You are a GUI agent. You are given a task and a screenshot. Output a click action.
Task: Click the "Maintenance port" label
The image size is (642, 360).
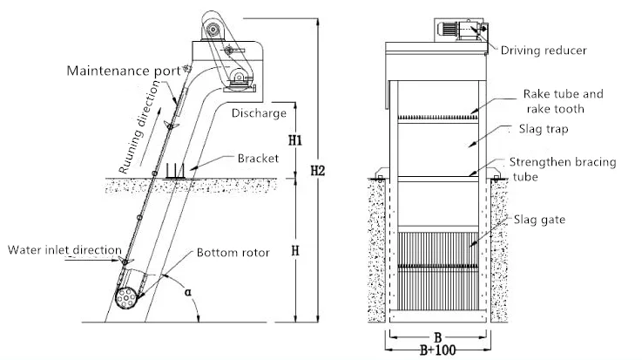tap(124, 71)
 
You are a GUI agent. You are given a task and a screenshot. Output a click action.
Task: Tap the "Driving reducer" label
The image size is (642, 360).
tap(544, 51)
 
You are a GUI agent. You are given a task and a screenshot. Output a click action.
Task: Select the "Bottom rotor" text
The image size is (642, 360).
tap(233, 252)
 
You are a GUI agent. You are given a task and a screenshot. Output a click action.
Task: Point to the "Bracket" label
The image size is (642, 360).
tap(258, 158)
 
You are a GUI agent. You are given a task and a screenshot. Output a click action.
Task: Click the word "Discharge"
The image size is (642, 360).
tap(259, 113)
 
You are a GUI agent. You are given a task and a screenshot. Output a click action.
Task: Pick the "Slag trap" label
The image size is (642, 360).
tap(544, 129)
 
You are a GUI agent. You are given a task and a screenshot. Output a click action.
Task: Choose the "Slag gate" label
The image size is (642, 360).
tap(539, 220)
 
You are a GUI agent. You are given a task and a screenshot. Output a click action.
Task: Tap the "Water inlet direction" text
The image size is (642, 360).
tap(64, 250)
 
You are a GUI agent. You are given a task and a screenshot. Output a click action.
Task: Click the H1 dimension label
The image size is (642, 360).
tap(294, 140)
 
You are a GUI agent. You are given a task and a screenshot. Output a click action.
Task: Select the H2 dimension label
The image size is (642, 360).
tap(317, 170)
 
